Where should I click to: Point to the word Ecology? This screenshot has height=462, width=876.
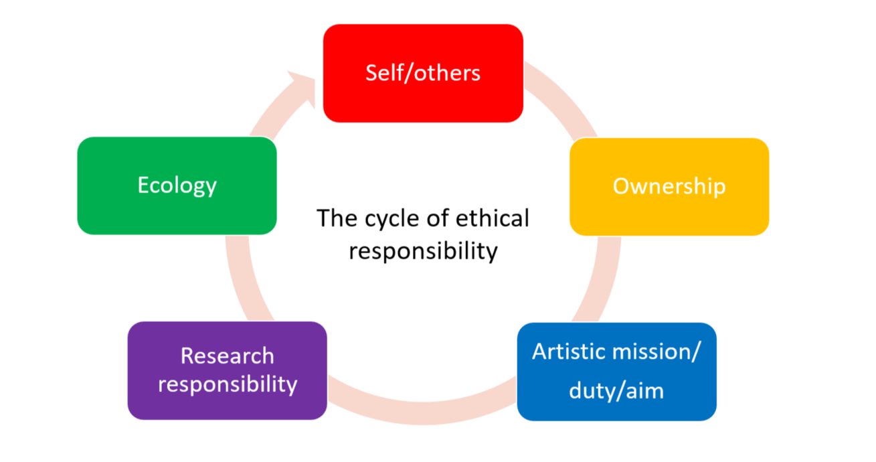(177, 185)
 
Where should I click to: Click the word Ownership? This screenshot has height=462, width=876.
(669, 186)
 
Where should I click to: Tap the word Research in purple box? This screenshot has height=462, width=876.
(227, 356)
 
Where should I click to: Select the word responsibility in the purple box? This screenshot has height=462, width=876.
(228, 384)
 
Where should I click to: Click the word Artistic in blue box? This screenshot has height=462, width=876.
(569, 352)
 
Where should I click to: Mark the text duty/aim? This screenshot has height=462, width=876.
(616, 390)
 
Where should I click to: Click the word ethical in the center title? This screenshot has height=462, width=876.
(495, 218)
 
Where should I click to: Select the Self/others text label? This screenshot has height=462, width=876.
(423, 72)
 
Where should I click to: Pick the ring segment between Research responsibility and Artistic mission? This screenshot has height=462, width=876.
(422, 402)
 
